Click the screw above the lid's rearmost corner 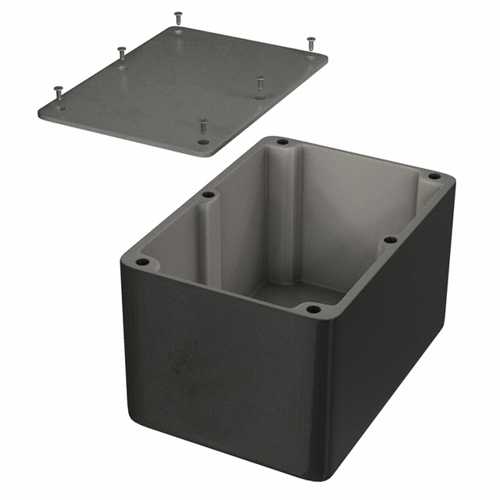coord(178,16)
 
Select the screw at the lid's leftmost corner coord(59,93)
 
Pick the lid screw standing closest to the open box coord(203,125)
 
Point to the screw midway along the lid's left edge coord(121,53)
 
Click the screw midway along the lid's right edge coord(260,81)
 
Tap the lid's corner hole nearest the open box coord(203,142)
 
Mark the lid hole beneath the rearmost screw coord(179,33)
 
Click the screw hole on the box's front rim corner coord(313,309)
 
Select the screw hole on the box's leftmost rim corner coord(141,262)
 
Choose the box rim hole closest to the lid coord(282,143)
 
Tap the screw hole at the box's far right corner coord(435,177)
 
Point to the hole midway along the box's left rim coord(208,195)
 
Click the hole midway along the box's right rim coord(390,241)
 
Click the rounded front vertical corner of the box coord(328,391)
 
